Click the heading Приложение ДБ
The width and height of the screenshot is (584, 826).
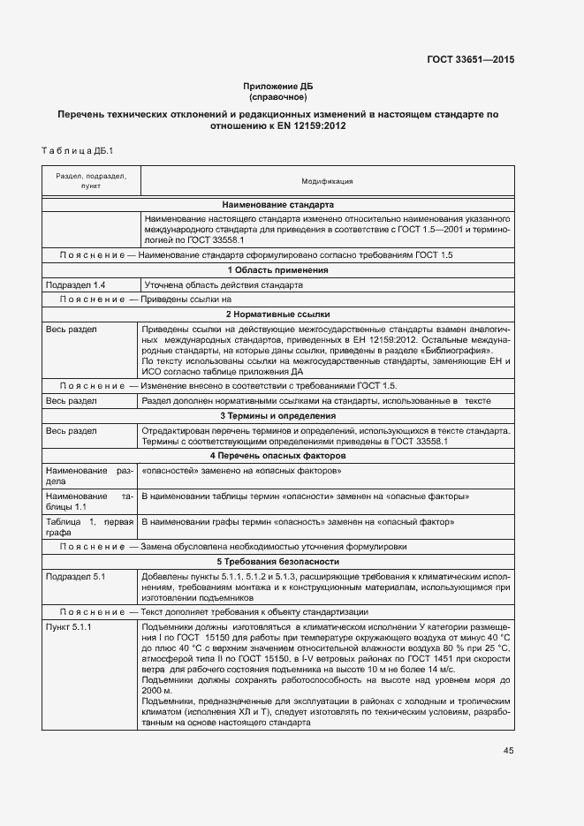[277, 86]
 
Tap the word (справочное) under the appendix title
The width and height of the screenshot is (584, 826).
[277, 96]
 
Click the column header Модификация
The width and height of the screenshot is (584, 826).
[327, 181]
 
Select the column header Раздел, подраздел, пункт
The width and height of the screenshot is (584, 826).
[91, 181]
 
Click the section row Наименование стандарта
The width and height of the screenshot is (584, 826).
[277, 204]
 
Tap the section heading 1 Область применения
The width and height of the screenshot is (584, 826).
[277, 270]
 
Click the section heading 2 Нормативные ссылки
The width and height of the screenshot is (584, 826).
[277, 314]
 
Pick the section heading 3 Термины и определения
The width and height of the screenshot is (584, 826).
[277, 415]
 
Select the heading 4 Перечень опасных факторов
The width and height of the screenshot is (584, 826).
[277, 456]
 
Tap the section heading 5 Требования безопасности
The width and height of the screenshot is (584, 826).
[277, 562]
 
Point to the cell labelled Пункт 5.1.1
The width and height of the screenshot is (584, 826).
[70, 626]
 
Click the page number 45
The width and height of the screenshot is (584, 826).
[508, 751]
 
